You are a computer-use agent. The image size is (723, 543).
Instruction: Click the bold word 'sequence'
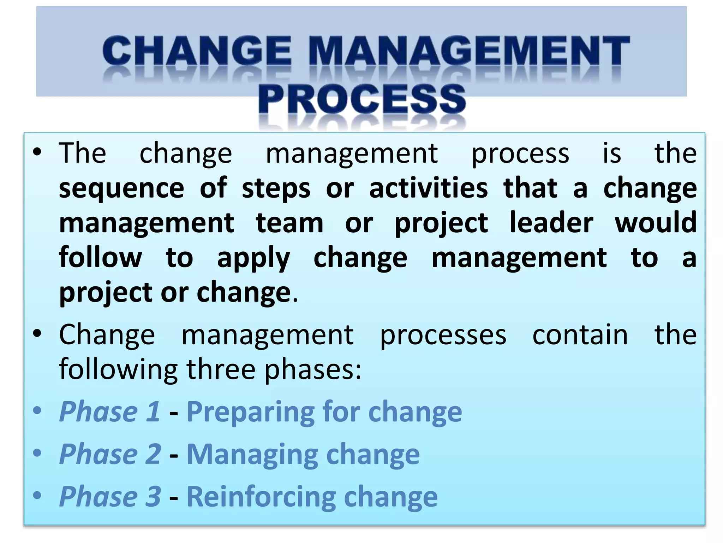point(121,188)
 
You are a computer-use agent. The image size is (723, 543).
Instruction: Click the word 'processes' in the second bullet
point(443,335)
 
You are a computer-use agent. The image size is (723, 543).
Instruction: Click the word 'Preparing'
point(250,413)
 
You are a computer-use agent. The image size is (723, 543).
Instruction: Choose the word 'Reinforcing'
point(261,497)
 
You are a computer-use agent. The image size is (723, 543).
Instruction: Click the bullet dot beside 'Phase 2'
point(37,453)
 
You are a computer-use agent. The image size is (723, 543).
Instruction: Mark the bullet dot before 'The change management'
point(37,152)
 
